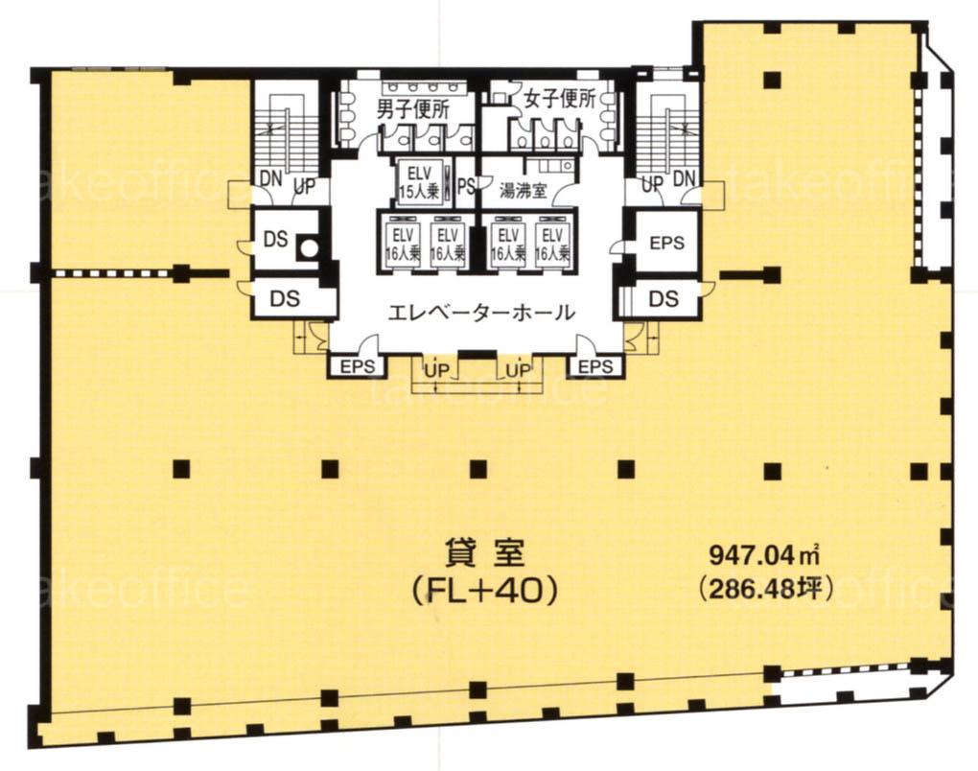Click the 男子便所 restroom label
tap(412, 109)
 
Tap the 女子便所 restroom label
tap(560, 99)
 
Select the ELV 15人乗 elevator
tap(419, 181)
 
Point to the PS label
tap(466, 186)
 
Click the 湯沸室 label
tap(523, 191)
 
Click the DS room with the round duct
tap(287, 240)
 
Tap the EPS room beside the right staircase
tap(666, 242)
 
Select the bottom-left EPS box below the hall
tap(357, 366)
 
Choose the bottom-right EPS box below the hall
tap(595, 366)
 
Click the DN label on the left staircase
tap(271, 178)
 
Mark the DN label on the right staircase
tap(684, 178)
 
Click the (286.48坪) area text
tap(766, 588)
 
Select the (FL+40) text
tap(484, 591)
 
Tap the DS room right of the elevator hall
tap(663, 299)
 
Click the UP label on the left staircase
tap(304, 186)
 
